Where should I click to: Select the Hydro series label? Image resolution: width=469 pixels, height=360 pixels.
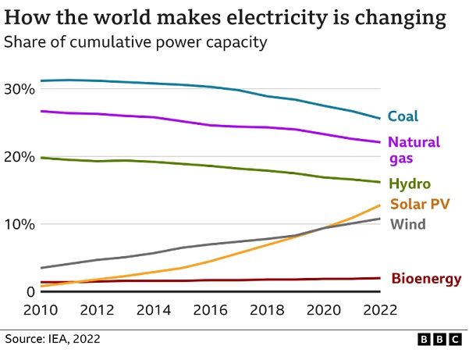[410, 184]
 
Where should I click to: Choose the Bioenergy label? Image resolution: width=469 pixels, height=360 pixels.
[426, 278]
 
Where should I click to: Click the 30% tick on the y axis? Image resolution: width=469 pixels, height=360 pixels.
[20, 89]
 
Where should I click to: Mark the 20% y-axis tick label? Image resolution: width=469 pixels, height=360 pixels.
[20, 157]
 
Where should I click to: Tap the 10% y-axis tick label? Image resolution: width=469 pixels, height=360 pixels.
[20, 224]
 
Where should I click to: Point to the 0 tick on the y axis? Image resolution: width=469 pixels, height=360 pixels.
[30, 292]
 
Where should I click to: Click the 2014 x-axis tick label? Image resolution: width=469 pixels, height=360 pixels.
[155, 309]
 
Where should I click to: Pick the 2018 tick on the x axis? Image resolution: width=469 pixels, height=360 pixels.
[268, 309]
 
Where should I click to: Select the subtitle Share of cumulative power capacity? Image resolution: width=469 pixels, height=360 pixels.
[135, 42]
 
